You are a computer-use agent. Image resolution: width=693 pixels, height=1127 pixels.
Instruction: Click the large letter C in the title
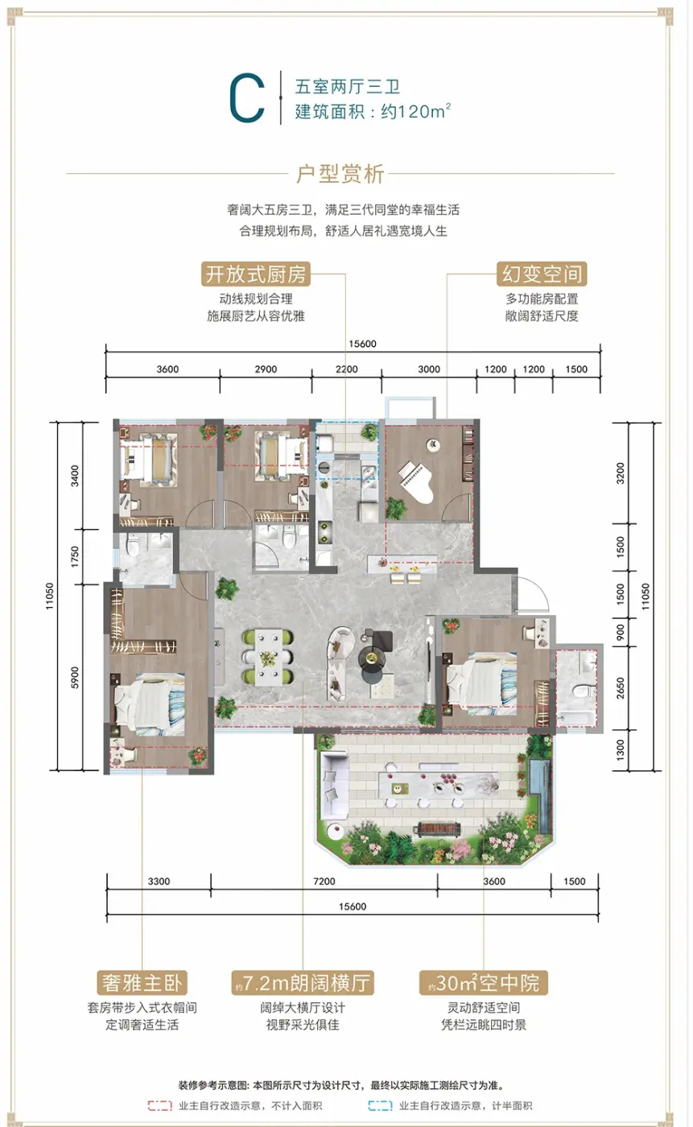247,97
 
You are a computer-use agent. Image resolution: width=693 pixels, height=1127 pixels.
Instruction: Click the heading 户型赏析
340,174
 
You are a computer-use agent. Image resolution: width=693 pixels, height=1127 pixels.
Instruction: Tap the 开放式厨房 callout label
256,275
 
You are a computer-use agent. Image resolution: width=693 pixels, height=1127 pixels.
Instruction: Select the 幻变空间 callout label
542,275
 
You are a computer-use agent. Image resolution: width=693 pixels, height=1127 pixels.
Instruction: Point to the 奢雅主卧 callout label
142,982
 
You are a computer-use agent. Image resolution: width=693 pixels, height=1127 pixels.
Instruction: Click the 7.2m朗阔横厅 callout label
303,982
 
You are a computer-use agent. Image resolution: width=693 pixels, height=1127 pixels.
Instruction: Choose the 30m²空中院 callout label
483,982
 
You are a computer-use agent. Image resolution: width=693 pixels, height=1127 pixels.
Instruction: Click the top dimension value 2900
266,369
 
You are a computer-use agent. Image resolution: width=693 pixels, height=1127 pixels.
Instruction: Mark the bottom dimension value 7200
324,881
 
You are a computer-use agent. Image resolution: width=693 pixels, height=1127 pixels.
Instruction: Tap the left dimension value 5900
74,677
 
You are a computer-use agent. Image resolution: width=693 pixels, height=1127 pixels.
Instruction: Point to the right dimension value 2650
620,687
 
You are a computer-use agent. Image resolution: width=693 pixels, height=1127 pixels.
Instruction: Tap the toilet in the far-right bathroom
582,691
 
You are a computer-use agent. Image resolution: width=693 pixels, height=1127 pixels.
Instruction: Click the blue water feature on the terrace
539,790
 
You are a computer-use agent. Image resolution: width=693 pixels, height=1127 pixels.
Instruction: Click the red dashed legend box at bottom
160,1105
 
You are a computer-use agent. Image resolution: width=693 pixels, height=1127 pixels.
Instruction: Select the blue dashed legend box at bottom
380,1105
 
